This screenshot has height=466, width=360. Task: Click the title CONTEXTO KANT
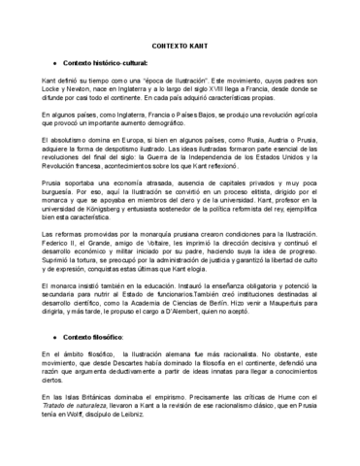click(x=180, y=46)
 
